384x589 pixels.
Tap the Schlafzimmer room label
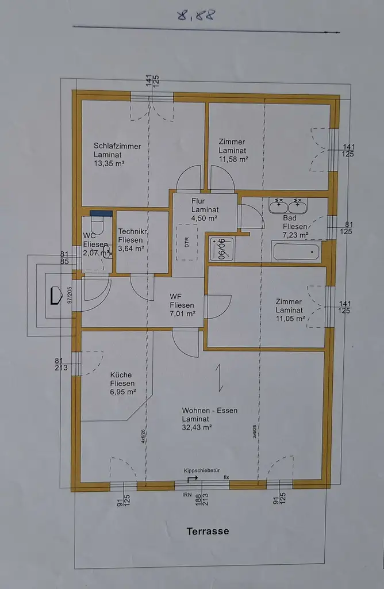tap(117, 146)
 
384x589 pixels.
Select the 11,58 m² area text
tap(233, 159)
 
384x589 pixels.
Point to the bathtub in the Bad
tap(295, 251)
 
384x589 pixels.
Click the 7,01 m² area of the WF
tap(182, 314)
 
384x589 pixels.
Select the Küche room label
tap(121, 375)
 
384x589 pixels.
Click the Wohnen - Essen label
tap(209, 411)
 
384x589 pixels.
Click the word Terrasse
tap(208, 531)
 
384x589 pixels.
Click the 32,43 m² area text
tap(197, 427)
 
